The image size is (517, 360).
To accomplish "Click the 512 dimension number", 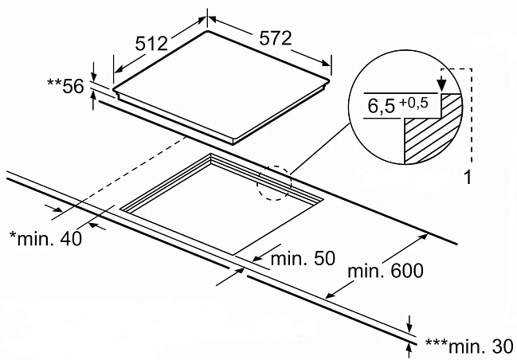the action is point(151,43).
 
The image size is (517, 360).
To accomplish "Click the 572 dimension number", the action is point(276,38).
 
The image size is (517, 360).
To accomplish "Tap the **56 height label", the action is point(65,86).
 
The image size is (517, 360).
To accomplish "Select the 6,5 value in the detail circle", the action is point(381,106).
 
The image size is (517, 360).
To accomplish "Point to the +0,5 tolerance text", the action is point(413,104).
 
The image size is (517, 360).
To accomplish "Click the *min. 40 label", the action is point(46,238).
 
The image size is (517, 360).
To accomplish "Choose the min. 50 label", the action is point(303,258).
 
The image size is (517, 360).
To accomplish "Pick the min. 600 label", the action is point(386,271).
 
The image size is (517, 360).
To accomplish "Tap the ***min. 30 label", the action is point(469,346).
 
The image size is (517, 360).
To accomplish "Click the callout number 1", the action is point(468,178).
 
